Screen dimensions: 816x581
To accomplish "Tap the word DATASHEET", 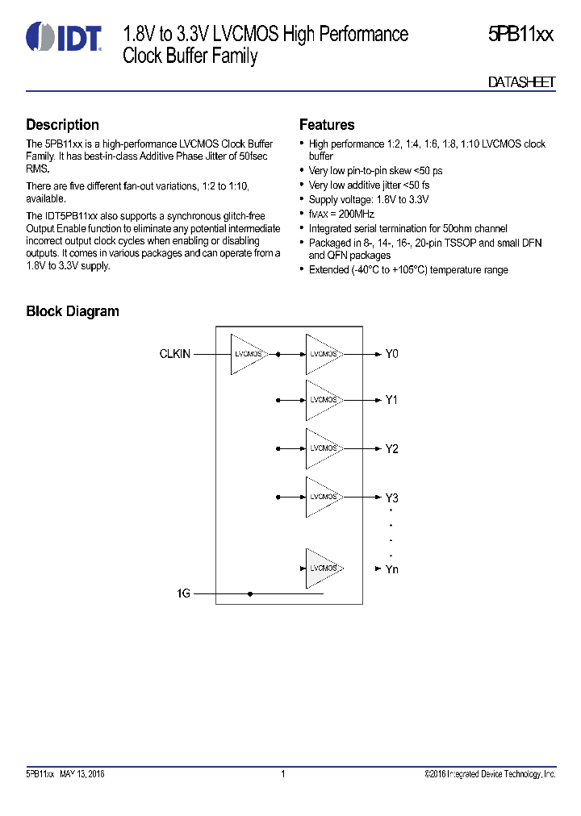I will [522, 82].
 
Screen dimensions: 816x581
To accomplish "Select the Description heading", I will [63, 125].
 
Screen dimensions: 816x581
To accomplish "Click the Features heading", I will [327, 125].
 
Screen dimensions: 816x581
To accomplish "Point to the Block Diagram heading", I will [73, 311].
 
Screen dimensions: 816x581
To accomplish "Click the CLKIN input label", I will [175, 354].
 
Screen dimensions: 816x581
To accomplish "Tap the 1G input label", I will [183, 593].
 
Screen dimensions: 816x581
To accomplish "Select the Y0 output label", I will [391, 354].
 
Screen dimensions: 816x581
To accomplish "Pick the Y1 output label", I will [391, 400].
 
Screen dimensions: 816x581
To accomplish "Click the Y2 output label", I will [391, 448].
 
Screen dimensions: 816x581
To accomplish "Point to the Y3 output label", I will [391, 497].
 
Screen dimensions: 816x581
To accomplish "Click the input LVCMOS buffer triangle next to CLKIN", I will [248, 354].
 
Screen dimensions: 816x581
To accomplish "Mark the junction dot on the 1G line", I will [250, 593].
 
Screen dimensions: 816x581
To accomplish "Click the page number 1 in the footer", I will [283, 775].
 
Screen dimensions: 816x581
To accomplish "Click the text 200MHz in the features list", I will [359, 214].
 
